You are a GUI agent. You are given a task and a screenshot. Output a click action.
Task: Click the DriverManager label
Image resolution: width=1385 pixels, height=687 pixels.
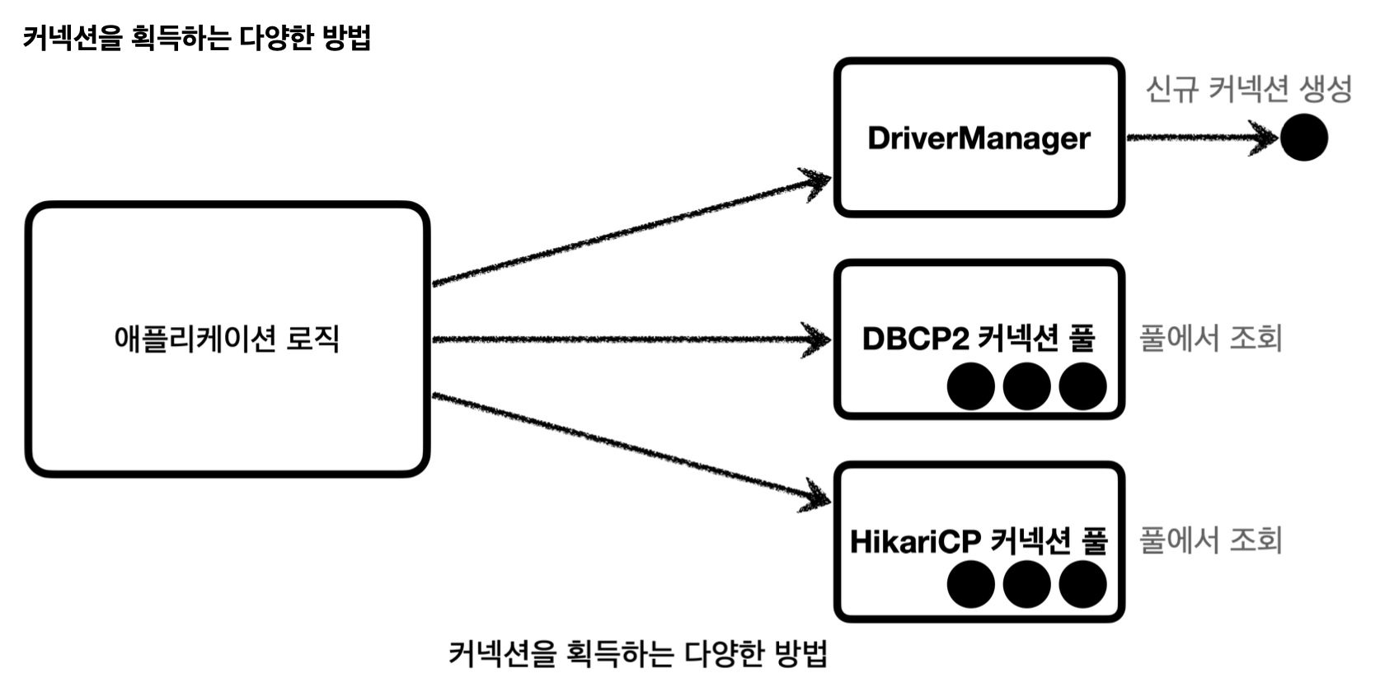click(979, 138)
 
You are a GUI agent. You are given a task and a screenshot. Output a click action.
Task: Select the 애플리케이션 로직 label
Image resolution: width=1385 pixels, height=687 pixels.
click(227, 339)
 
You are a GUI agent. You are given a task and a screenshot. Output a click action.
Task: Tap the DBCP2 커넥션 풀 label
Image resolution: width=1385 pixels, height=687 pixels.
click(979, 339)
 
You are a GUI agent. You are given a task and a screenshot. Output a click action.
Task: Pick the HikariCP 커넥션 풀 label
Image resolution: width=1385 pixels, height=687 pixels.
click(979, 541)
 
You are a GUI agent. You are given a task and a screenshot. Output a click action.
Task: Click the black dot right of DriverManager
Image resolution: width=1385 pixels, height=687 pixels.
click(1303, 138)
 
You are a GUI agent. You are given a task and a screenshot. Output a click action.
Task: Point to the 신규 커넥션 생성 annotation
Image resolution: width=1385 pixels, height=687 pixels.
click(1248, 89)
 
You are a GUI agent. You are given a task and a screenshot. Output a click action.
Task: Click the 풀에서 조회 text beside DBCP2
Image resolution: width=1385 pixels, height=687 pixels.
click(1210, 338)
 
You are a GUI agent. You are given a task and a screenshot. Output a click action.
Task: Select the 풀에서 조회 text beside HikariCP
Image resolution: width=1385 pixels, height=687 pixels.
click(1210, 540)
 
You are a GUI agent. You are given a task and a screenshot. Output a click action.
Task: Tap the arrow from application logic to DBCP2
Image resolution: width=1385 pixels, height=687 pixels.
click(631, 339)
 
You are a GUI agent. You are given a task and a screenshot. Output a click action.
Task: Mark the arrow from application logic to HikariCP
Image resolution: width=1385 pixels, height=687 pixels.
click(631, 447)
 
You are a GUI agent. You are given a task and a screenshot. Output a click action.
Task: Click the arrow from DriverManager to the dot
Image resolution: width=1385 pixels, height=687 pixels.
click(1200, 138)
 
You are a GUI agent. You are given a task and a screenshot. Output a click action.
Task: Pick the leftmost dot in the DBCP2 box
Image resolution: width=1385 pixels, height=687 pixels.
click(970, 386)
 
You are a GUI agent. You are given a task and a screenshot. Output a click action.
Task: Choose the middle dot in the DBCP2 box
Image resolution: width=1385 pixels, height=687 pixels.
click(1026, 386)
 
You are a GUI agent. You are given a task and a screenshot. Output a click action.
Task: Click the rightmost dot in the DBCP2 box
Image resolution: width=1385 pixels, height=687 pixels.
click(1082, 386)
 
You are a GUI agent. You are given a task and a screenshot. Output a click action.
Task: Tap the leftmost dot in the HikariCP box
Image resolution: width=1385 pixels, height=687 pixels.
click(970, 584)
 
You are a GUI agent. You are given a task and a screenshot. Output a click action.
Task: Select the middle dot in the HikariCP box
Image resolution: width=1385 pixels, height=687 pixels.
click(1026, 584)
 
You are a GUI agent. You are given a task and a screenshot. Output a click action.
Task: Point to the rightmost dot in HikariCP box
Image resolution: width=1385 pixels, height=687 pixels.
click(1082, 584)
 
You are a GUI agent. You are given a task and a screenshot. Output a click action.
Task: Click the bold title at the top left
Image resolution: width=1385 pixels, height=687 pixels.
click(196, 38)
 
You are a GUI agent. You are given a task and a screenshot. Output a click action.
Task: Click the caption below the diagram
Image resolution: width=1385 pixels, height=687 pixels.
click(637, 654)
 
